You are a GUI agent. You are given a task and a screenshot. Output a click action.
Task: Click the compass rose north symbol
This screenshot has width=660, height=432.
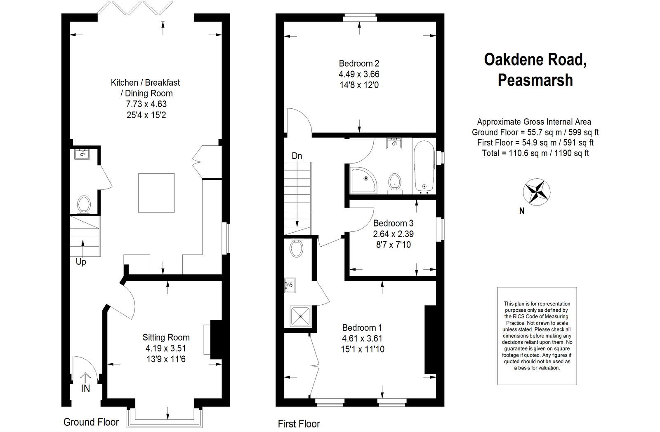click(x=536, y=192)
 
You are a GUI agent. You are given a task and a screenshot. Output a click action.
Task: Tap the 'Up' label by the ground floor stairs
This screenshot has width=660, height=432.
click(x=81, y=262)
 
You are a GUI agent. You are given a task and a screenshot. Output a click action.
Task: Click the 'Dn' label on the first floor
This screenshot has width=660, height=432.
click(x=297, y=156)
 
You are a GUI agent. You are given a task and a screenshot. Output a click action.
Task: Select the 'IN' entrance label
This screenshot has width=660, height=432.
click(x=85, y=389)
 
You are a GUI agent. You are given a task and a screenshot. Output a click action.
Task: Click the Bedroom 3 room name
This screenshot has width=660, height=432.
click(x=393, y=223)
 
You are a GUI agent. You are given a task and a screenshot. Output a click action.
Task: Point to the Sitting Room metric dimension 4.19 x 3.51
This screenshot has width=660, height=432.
click(x=166, y=348)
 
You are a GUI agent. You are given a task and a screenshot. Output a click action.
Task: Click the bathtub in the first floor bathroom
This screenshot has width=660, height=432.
click(x=424, y=166)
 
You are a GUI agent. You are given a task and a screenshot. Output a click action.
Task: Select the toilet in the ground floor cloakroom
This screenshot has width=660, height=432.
click(x=84, y=204)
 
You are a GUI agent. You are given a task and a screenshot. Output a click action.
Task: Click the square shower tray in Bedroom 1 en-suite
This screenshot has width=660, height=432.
click(x=301, y=316)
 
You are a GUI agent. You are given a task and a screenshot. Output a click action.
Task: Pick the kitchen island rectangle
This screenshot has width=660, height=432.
click(x=156, y=193)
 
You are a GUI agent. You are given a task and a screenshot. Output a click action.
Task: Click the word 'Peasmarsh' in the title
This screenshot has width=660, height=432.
click(x=535, y=80)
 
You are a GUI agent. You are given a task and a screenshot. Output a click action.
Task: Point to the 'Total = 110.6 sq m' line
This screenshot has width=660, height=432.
click(x=535, y=153)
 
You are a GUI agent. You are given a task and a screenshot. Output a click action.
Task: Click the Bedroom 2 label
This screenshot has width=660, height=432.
click(x=359, y=63)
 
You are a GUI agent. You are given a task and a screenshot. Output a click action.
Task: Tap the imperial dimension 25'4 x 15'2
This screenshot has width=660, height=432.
click(x=146, y=115)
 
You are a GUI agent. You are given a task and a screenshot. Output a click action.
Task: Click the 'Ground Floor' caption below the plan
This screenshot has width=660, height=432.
click(x=91, y=423)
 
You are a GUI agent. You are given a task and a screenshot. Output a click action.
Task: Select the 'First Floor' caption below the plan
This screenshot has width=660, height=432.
click(x=299, y=424)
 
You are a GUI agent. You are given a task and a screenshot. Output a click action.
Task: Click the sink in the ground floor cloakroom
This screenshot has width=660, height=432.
click(x=82, y=154)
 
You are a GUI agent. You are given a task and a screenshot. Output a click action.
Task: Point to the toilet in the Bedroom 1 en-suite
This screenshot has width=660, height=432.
click(x=297, y=248)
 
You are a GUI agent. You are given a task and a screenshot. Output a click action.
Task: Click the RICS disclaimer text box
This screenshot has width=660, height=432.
click(x=537, y=336)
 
